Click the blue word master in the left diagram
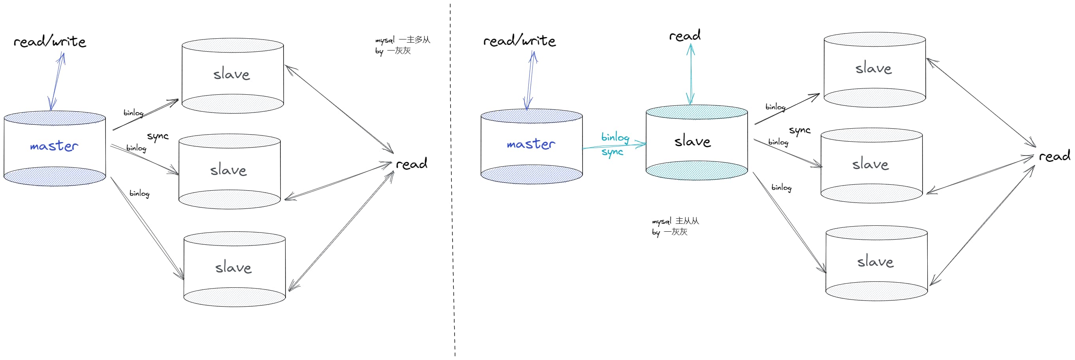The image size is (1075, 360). click(x=54, y=146)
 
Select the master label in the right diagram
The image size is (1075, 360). click(x=531, y=144)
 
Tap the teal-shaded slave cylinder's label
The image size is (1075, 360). click(x=692, y=141)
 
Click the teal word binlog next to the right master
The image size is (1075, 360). click(x=615, y=137)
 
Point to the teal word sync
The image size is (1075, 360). click(x=612, y=152)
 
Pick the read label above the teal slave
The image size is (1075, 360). click(x=685, y=36)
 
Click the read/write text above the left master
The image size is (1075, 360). click(x=50, y=41)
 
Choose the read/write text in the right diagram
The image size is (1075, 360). click(x=520, y=41)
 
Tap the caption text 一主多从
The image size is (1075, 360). click(x=414, y=39)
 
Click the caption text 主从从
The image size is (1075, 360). click(x=687, y=221)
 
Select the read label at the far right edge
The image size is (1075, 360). click(x=1054, y=156)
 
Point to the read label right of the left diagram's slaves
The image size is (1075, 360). click(x=412, y=163)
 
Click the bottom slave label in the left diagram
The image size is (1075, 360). click(x=233, y=267)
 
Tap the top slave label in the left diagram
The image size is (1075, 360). click(x=231, y=74)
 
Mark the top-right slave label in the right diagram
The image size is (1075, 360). click(x=874, y=68)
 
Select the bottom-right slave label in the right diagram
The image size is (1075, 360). click(x=876, y=262)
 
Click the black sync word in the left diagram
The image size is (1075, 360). click(x=158, y=137)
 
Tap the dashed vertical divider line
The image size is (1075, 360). click(x=452, y=179)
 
